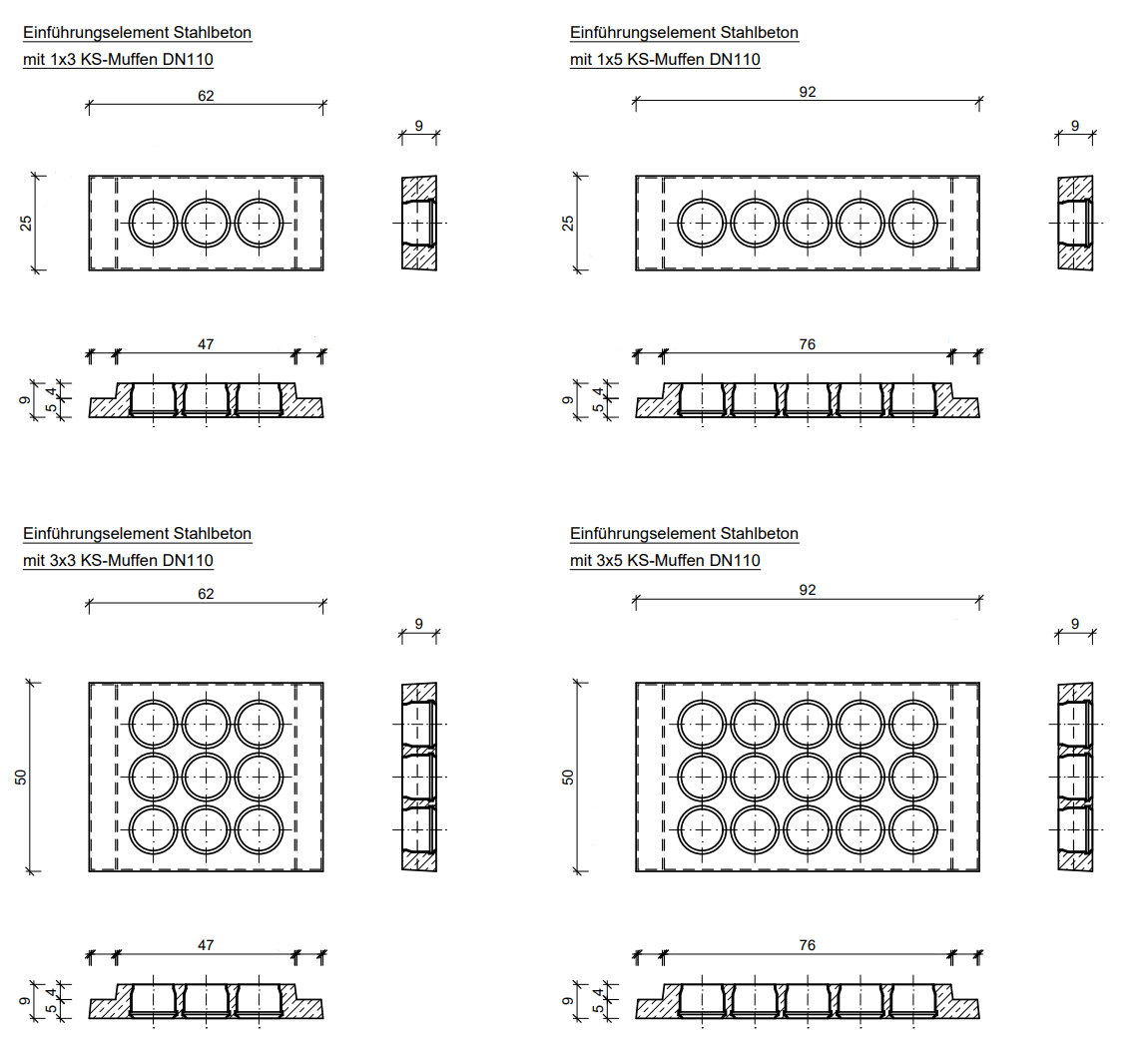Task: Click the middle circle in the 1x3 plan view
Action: [207, 223]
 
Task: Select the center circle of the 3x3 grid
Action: [207, 777]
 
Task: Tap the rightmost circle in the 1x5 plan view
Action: [914, 223]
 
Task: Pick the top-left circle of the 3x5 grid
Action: [703, 724]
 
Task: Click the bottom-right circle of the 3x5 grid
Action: [914, 829]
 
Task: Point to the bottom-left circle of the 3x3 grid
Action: [154, 829]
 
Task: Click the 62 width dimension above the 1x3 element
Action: [206, 96]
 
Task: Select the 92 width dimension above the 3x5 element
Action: [808, 590]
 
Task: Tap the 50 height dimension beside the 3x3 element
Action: [21, 777]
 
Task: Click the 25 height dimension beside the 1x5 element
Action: [568, 223]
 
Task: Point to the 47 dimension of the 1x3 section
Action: [206, 344]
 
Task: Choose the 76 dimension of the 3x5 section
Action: [808, 944]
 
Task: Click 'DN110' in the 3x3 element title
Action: [191, 561]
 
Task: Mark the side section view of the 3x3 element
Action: [419, 777]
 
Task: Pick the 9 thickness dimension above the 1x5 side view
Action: [1074, 126]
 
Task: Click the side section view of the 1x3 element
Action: [419, 223]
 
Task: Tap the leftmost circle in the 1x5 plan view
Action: [703, 223]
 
